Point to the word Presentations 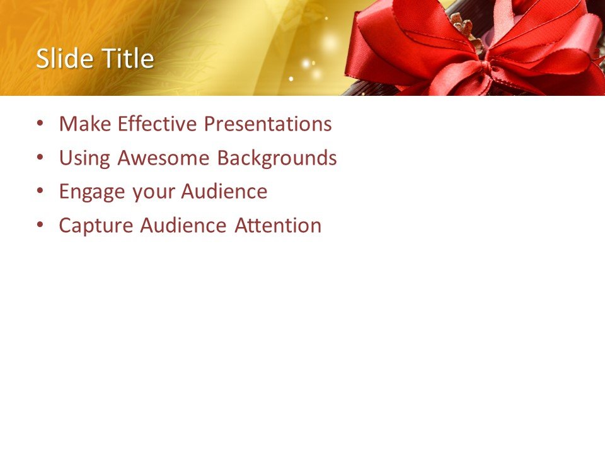click(x=267, y=124)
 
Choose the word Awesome click(x=164, y=158)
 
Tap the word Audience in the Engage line click(x=224, y=192)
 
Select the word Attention click(x=278, y=225)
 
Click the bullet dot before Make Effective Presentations click(x=41, y=124)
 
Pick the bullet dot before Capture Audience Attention click(x=41, y=225)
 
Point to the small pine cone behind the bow click(x=464, y=28)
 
